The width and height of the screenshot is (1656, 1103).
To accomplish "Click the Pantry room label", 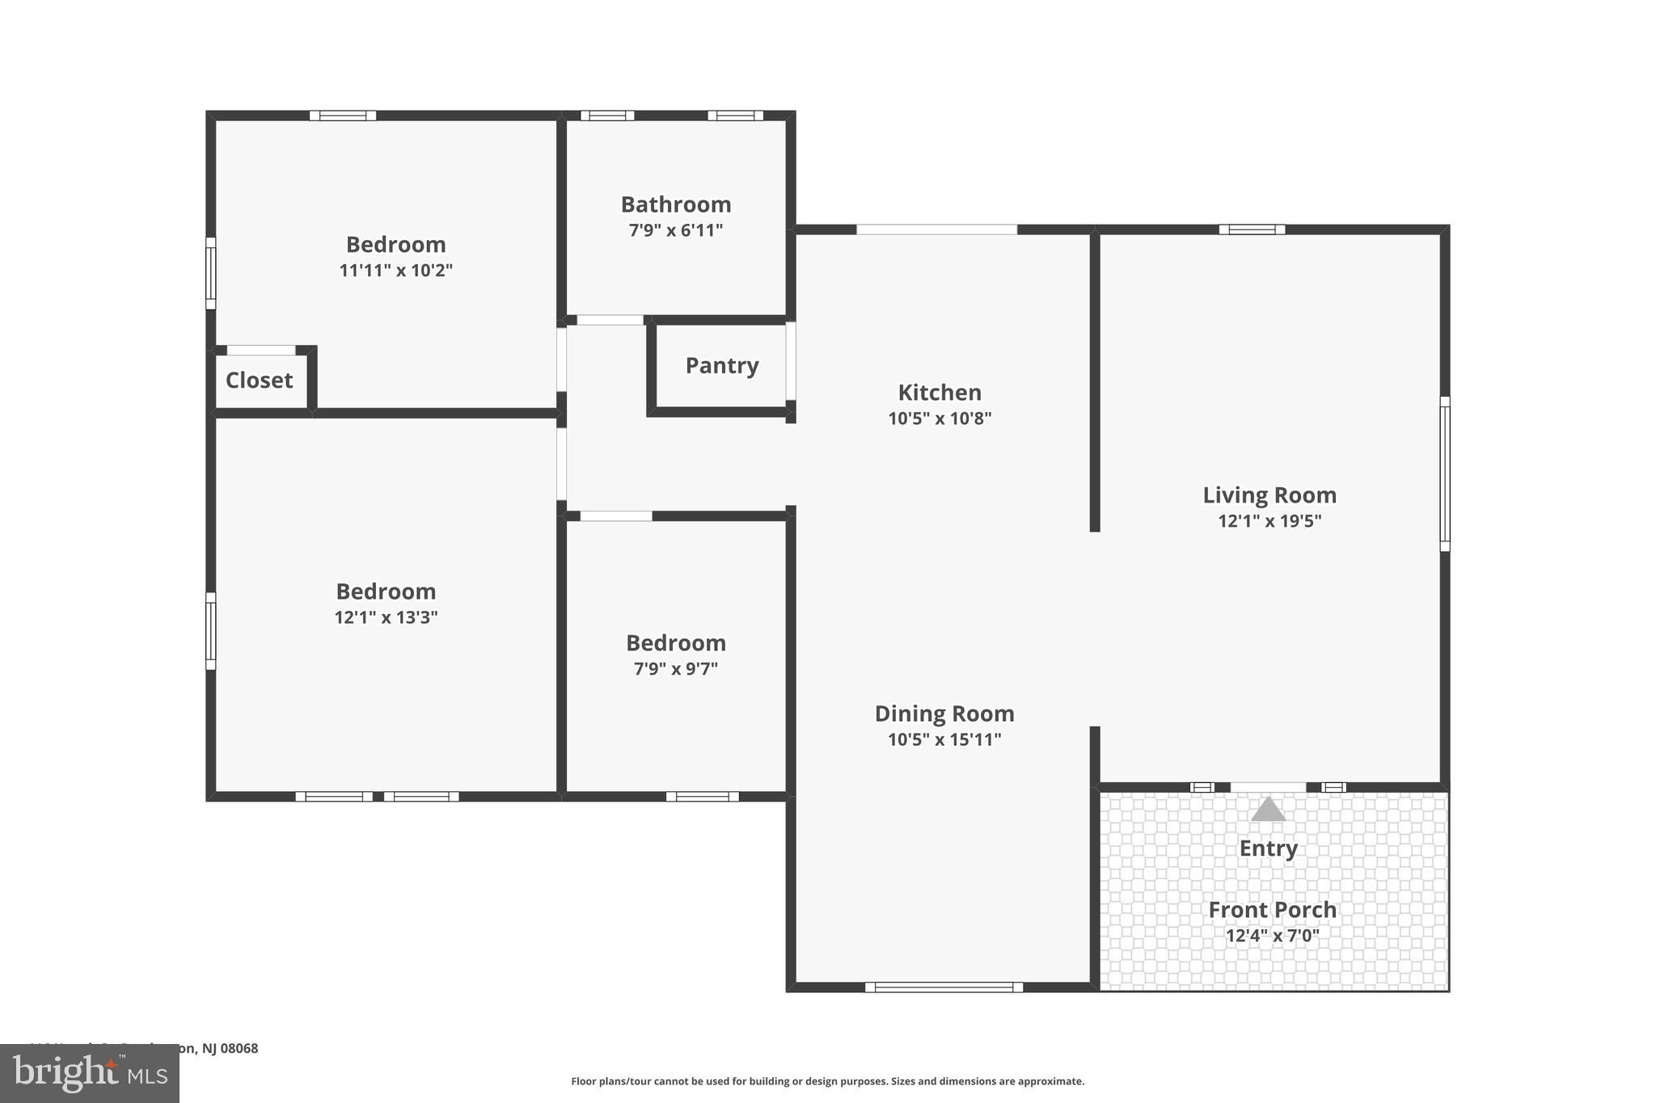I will tap(722, 366).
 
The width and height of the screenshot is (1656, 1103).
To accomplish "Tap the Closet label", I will tap(259, 381).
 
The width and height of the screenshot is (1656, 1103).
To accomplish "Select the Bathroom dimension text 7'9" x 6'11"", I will tap(676, 230).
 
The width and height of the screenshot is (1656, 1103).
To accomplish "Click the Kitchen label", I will tap(940, 393).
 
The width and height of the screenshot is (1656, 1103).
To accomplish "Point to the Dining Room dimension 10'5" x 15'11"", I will tap(944, 739).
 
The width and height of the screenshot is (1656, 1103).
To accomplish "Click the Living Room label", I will tap(1269, 495).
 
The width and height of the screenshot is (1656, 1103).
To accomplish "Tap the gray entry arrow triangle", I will tap(1268, 810).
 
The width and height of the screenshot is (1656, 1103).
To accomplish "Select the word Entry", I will tap(1268, 848).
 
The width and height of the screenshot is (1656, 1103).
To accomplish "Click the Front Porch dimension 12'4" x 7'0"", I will tap(1272, 936).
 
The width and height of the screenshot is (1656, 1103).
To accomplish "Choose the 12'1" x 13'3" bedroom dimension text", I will tap(386, 617).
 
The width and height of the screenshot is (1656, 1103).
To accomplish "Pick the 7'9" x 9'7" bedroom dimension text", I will tap(675, 669).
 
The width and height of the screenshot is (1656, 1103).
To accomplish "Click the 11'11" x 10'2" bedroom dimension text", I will tap(395, 270).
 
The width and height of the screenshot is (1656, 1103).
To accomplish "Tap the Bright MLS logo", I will tap(90, 1073).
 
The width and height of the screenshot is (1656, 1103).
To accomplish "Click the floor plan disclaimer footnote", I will tap(827, 1081).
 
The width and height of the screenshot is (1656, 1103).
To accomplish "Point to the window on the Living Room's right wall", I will tap(1444, 474).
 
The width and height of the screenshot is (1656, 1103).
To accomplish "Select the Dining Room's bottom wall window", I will tap(944, 987).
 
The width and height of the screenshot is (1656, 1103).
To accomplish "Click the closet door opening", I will tap(260, 351).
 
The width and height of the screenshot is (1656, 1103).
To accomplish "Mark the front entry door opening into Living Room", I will tap(1267, 787).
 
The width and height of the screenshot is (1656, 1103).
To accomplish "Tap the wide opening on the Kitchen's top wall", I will tap(936, 229).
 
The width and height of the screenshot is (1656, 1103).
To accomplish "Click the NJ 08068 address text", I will tap(218, 1048).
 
